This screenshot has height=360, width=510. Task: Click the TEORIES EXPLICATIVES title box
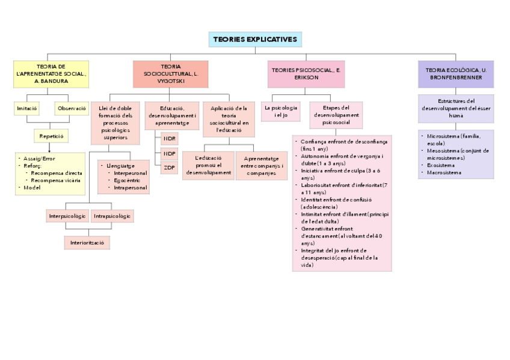pos(255,39)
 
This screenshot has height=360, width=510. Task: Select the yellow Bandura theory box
pos(51,73)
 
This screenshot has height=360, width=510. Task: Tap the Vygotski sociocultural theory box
pos(171,73)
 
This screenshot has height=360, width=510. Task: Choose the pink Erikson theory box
pos(306,74)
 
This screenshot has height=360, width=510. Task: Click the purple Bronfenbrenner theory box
pos(455,74)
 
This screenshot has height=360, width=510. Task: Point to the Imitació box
pos(26,109)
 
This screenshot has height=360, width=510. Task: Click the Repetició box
pos(51,136)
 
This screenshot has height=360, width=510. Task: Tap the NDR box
pos(170,138)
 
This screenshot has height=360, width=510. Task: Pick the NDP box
pos(170,153)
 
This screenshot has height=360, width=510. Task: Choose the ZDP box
pos(170,168)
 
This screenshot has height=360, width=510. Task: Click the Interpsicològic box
pos(67,215)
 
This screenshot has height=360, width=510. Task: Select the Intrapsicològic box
pos(112,215)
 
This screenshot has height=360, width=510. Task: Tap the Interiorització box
pos(87,242)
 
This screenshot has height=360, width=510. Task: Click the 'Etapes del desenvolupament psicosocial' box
pos(336,115)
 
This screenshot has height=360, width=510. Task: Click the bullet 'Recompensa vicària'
pos(57,180)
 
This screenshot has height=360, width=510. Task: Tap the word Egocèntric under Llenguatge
pos(127,180)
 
